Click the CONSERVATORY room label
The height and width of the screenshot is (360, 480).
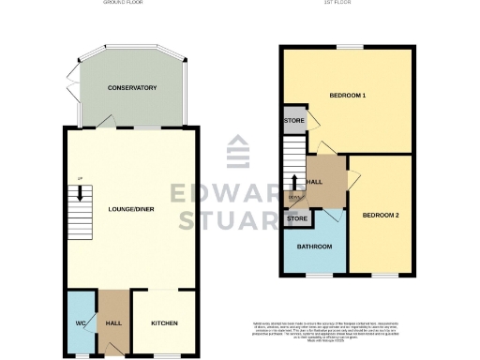[x=131, y=88]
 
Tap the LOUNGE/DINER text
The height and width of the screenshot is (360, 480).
[x=131, y=209]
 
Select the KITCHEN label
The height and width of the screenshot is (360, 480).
[x=165, y=323]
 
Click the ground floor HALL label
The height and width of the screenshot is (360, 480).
[x=115, y=323]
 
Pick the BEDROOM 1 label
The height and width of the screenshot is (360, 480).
[x=347, y=96]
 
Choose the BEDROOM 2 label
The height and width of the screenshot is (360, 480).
[x=382, y=216]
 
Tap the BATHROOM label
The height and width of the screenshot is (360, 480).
[x=315, y=247]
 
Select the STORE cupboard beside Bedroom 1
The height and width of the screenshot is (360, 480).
[x=294, y=122]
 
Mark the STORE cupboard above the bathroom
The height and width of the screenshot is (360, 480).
[x=297, y=218]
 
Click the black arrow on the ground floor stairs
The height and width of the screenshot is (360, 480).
[x=82, y=194]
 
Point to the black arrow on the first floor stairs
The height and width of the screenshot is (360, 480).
[x=296, y=183]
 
